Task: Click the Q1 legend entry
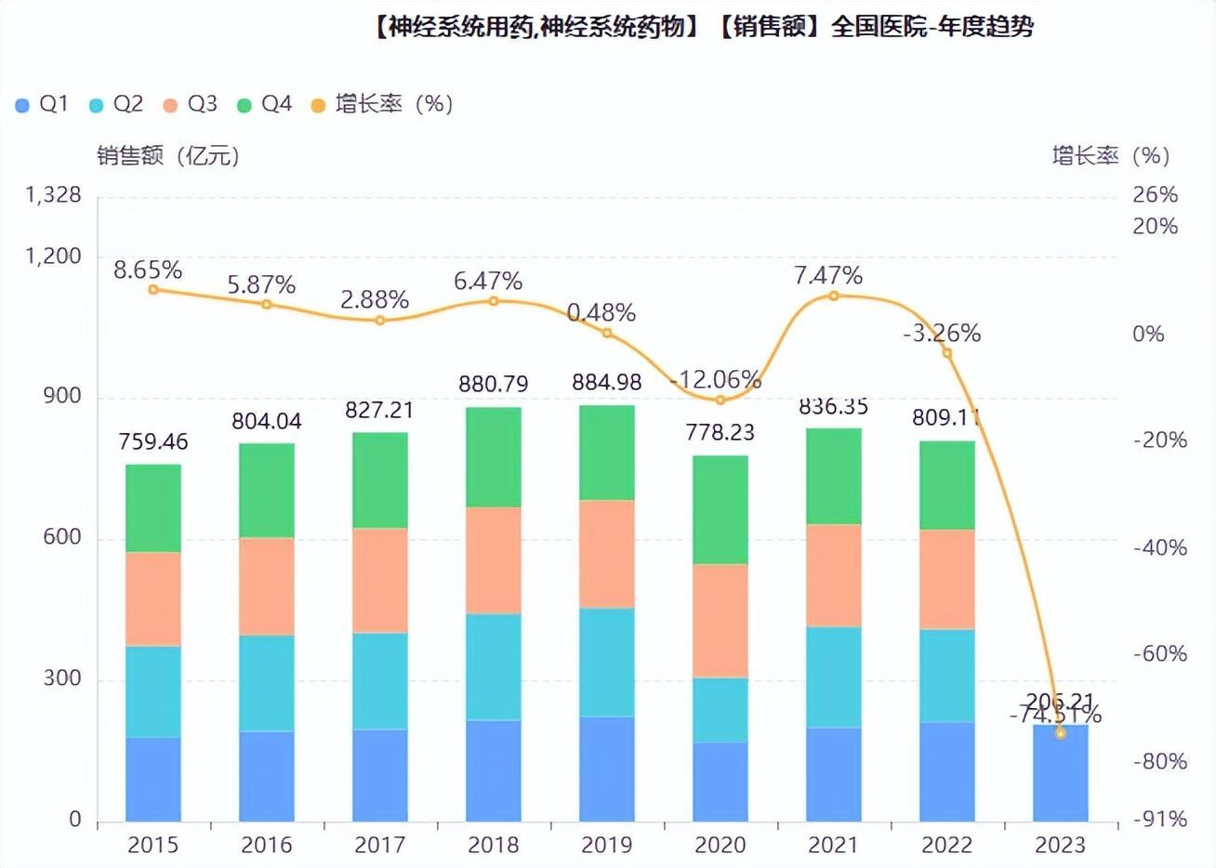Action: [x=42, y=104]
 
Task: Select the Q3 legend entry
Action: [x=190, y=104]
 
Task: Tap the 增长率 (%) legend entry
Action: [x=381, y=104]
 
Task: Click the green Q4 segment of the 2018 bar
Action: [x=493, y=456]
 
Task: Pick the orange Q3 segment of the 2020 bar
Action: [x=720, y=620]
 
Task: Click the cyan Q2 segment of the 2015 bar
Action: [x=153, y=691]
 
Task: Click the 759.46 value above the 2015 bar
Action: [x=153, y=441]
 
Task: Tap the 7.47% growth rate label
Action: [x=827, y=275]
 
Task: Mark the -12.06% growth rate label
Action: [x=715, y=379]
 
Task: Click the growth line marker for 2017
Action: [x=380, y=321]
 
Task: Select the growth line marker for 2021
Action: [x=833, y=296]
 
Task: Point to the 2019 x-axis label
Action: [x=606, y=845]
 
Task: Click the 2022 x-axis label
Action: [x=946, y=845]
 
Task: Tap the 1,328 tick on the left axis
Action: [x=53, y=195]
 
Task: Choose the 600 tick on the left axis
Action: [x=62, y=537]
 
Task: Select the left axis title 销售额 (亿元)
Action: [x=168, y=155]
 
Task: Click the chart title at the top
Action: [x=703, y=28]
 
